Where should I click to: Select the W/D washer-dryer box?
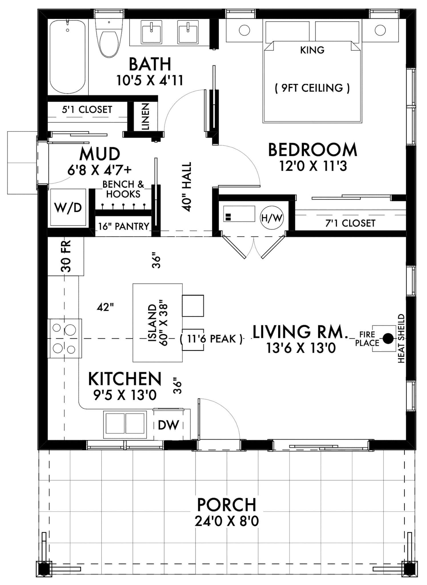(x=68, y=208)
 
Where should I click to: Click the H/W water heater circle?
(x=272, y=218)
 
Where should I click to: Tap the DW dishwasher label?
(x=169, y=425)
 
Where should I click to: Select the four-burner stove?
(x=65, y=338)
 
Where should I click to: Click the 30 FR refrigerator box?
(x=66, y=256)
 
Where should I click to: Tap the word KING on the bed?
(x=312, y=50)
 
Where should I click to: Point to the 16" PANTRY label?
(x=124, y=227)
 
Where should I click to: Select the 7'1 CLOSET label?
(x=350, y=223)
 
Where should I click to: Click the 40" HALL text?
(x=186, y=187)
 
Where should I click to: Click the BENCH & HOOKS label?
(x=123, y=189)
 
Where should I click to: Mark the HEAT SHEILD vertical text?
(x=401, y=338)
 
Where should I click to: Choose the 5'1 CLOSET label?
(x=87, y=109)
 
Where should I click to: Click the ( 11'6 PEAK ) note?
(x=211, y=339)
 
